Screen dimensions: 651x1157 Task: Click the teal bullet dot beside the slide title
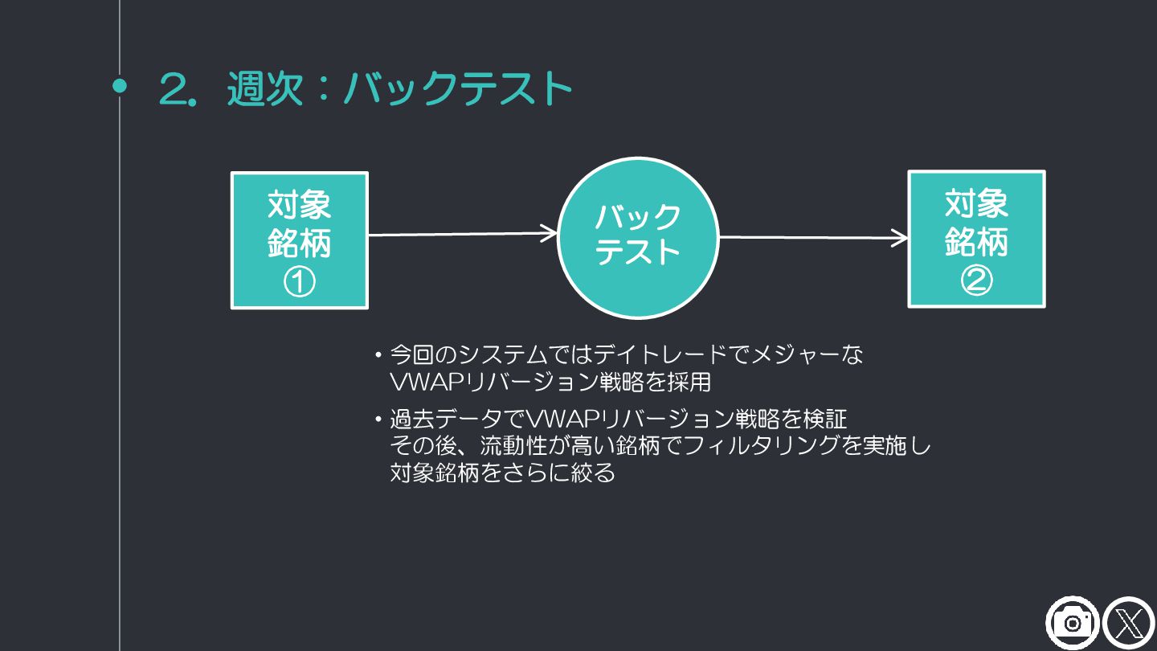tap(120, 86)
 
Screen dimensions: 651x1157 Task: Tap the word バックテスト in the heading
tap(457, 88)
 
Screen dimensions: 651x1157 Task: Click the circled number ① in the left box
tap(299, 282)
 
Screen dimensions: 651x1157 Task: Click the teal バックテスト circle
tap(637, 237)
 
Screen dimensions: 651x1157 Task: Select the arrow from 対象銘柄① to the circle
tap(462, 234)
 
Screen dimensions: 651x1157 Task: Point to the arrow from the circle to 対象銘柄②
tap(813, 237)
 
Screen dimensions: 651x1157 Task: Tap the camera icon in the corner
tap(1072, 623)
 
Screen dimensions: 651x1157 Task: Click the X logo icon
tap(1129, 623)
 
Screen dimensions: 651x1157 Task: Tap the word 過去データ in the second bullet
tap(445, 420)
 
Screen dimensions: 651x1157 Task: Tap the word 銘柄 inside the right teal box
tap(976, 242)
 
